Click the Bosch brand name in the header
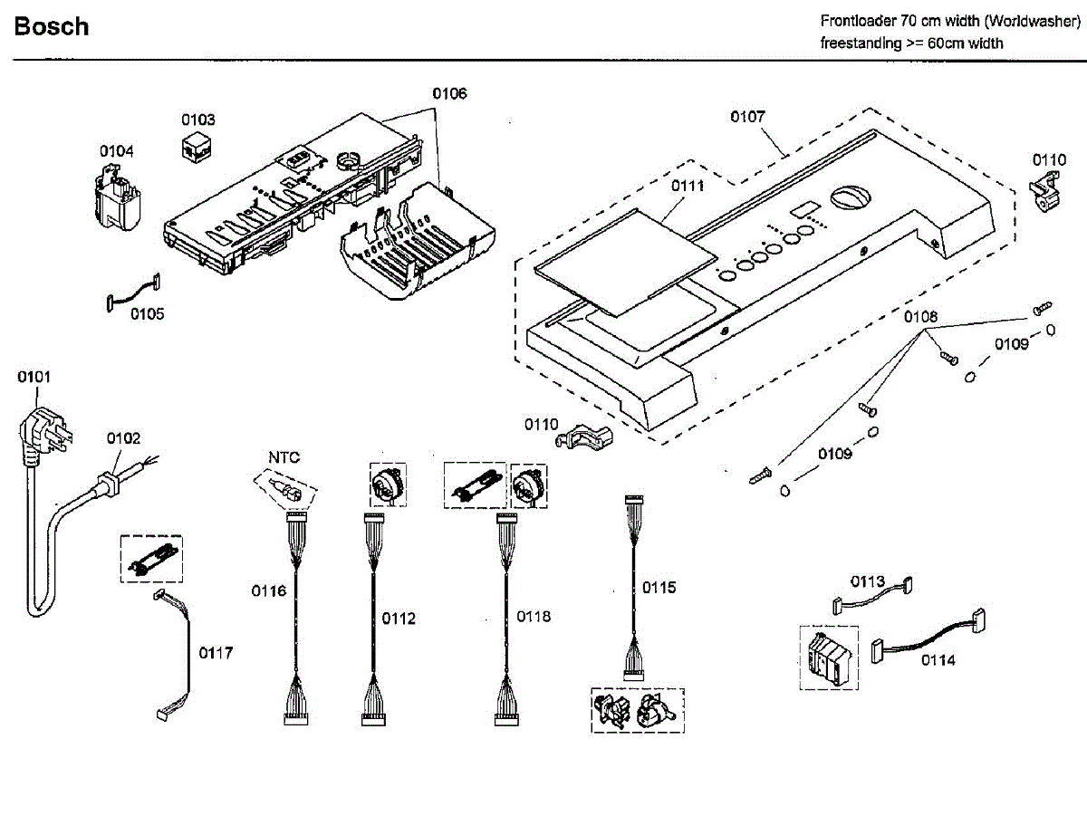point(52,27)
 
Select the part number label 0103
point(198,120)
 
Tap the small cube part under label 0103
point(196,148)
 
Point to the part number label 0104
point(117,150)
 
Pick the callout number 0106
point(449,93)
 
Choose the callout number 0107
point(748,116)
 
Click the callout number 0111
point(688,185)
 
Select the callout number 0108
point(920,317)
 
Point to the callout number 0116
point(269,591)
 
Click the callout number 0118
point(534,616)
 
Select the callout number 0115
point(659,588)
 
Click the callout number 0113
point(867,581)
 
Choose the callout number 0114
point(938,659)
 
